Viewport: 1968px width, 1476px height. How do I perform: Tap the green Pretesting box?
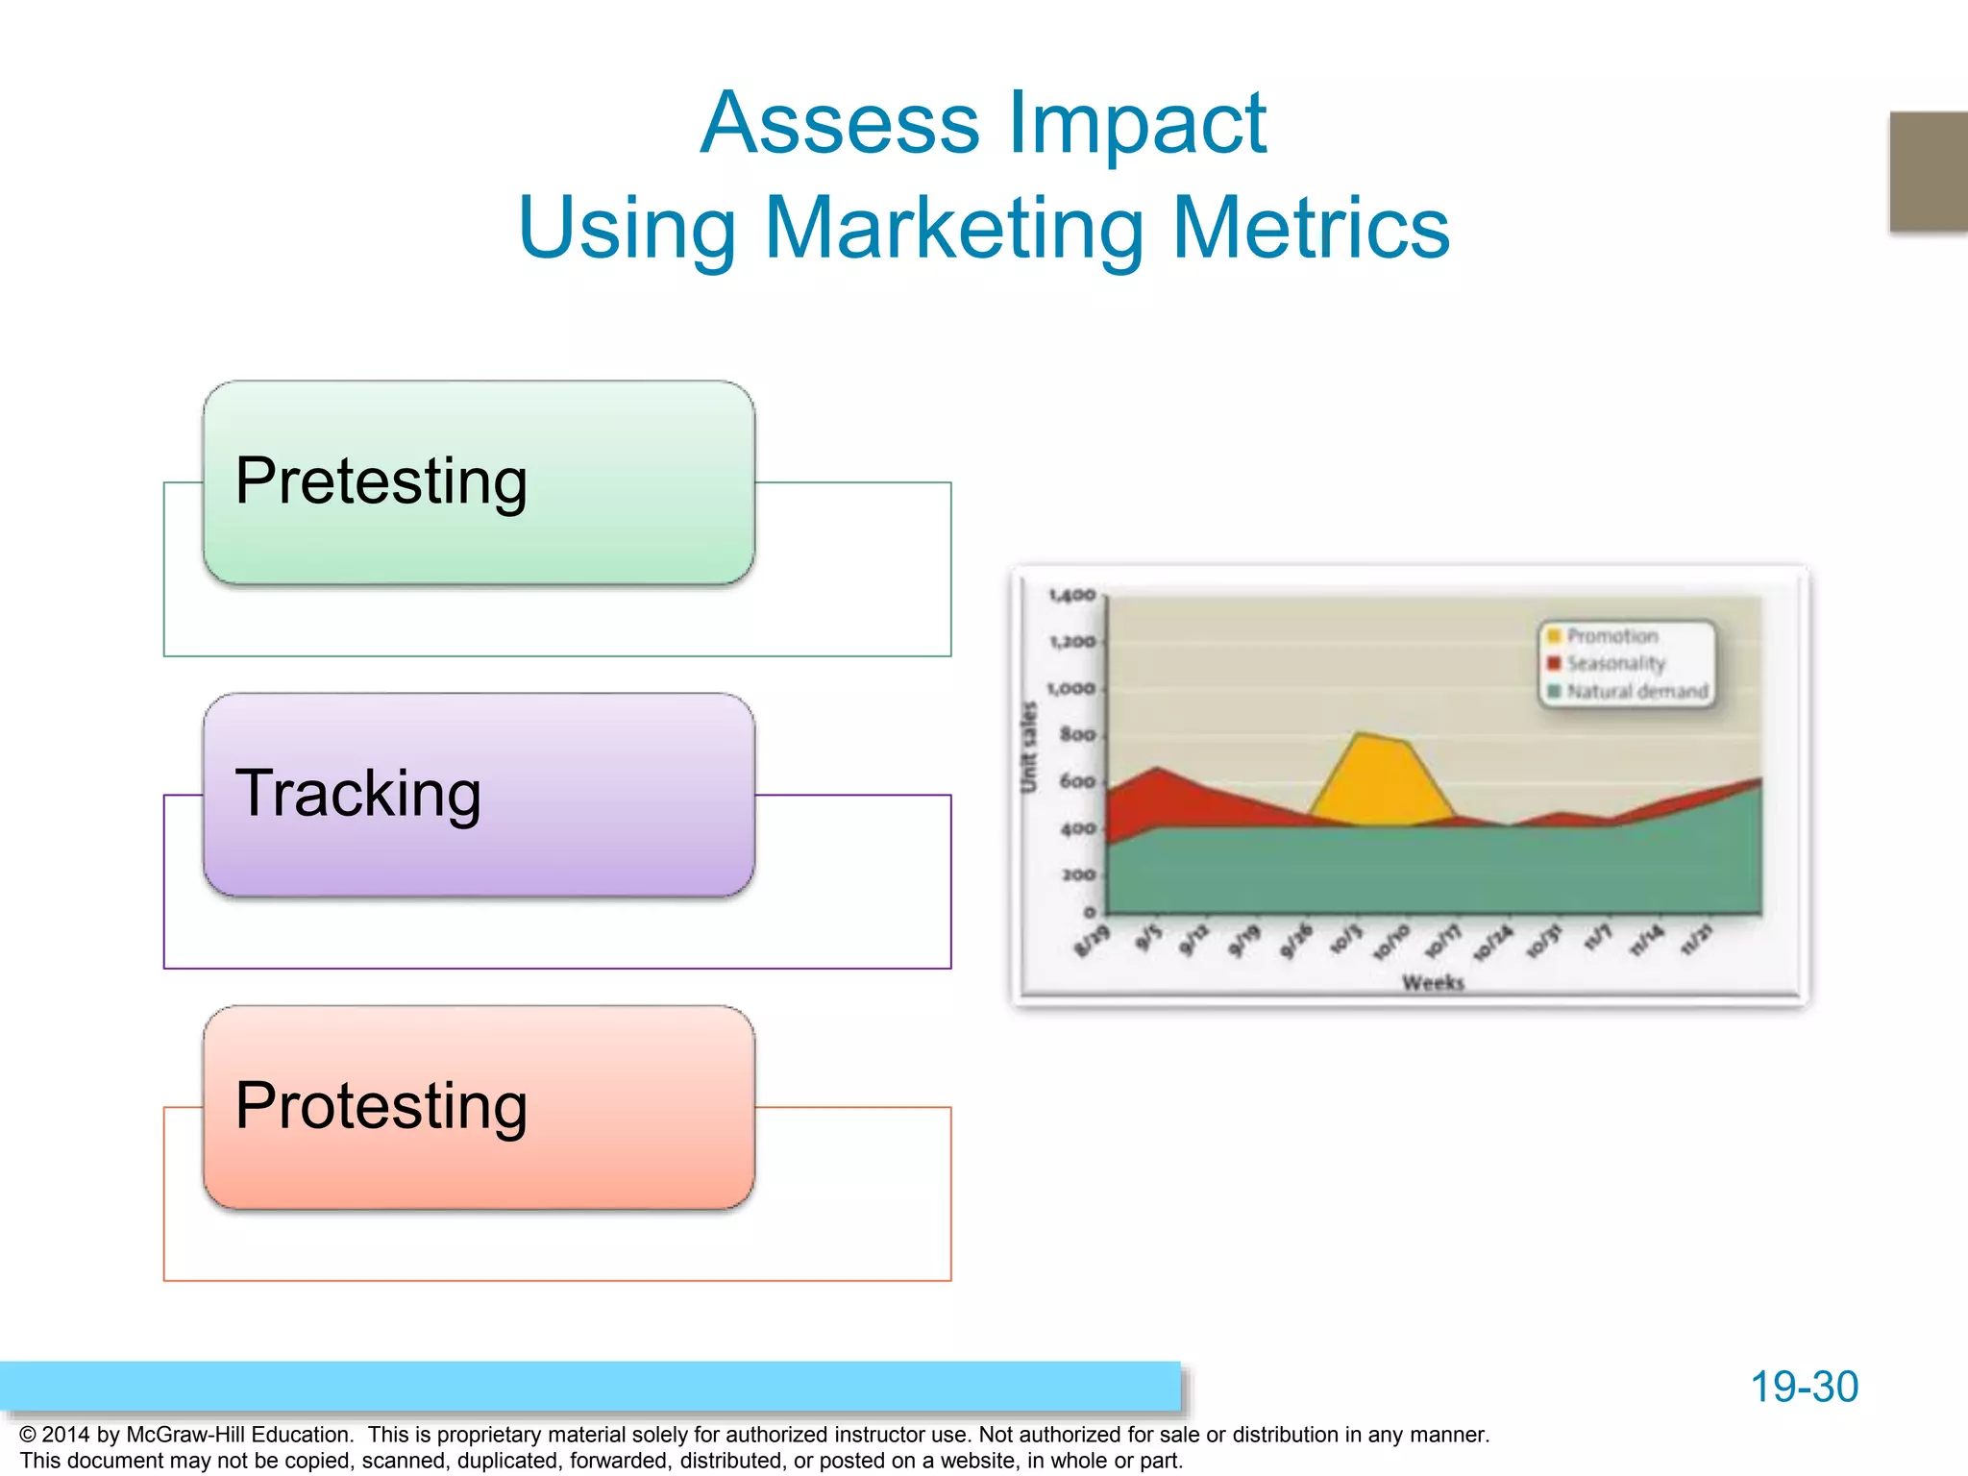479,482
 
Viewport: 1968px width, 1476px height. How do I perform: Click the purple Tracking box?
479,795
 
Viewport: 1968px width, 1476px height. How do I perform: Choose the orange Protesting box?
479,1107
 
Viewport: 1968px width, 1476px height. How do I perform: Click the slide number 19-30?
1804,1387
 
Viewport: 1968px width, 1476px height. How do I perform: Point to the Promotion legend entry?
1611,636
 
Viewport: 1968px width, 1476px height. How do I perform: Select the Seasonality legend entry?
1614,663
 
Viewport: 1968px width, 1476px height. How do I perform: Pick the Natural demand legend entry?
1636,691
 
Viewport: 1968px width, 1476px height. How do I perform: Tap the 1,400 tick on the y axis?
1072,596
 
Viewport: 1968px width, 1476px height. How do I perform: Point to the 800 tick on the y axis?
1077,735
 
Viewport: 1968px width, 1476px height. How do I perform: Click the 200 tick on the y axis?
1078,875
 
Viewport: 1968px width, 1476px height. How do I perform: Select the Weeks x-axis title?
1433,982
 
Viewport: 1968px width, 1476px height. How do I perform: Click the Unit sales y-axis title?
1029,748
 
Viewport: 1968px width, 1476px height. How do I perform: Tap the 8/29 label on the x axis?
1093,941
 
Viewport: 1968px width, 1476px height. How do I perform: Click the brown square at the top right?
1928,171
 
